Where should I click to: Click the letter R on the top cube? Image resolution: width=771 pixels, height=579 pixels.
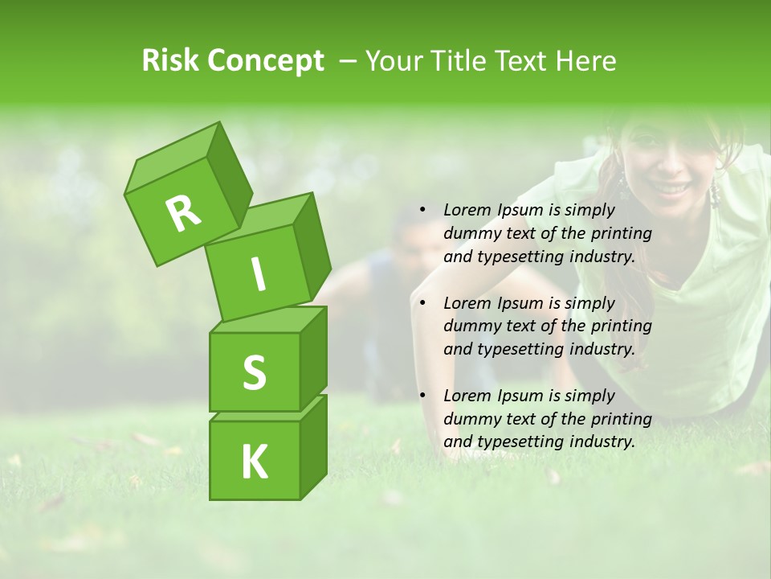pos(183,213)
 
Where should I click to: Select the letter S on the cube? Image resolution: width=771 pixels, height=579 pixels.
pos(254,372)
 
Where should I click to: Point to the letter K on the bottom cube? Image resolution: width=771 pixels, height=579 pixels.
pos(254,462)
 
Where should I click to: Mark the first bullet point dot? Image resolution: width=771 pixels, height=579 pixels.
pos(422,210)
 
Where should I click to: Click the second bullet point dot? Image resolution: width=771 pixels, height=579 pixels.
pos(422,303)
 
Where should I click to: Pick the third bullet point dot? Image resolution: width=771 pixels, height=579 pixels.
pos(422,396)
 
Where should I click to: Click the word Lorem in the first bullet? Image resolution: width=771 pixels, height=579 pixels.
pos(467,210)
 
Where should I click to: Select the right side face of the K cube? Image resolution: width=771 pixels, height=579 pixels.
pos(313,446)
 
